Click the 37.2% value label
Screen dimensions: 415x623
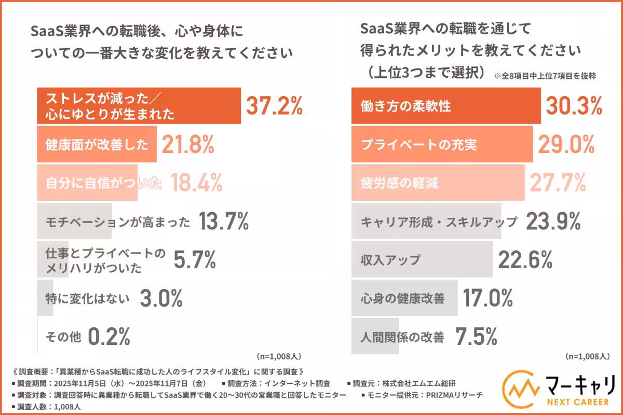click(x=274, y=106)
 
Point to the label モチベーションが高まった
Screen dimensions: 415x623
click(x=118, y=222)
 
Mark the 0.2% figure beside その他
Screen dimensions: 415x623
click(x=109, y=337)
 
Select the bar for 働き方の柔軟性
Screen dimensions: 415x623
click(x=446, y=106)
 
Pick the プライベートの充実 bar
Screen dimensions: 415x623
click(x=442, y=144)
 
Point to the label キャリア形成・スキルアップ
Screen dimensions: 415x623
click(x=439, y=222)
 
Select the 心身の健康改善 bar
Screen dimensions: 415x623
click(x=404, y=298)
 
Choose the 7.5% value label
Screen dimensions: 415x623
click(x=476, y=337)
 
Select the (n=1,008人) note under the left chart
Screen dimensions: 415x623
click(x=279, y=357)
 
